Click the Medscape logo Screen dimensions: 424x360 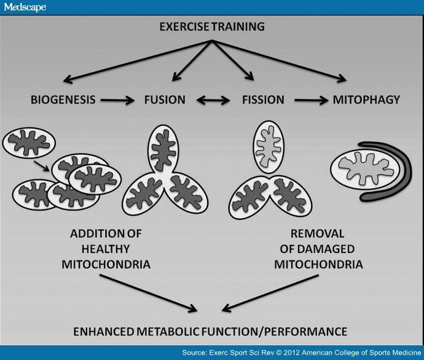[x=25, y=6]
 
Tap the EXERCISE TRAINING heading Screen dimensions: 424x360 [x=212, y=27]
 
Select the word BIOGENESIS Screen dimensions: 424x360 [x=63, y=100]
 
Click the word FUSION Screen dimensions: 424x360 [x=165, y=100]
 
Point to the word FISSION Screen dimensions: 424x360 [x=263, y=100]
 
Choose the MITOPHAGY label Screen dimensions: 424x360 [x=366, y=100]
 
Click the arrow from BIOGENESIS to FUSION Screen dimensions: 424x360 [x=118, y=101]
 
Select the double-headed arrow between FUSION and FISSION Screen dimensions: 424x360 [x=213, y=101]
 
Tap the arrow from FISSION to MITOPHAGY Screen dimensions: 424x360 [x=311, y=101]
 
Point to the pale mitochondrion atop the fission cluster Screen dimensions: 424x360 [x=268, y=147]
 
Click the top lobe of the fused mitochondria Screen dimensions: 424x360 [x=163, y=149]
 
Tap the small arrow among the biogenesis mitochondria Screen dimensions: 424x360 [x=41, y=166]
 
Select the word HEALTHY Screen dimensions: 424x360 [x=106, y=249]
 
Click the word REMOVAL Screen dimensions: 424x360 [x=317, y=234]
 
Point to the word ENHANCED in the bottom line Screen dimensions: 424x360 [x=104, y=332]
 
